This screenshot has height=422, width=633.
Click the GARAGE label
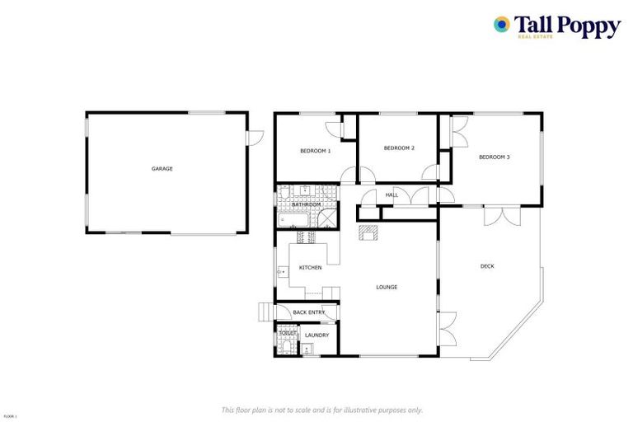(x=162, y=169)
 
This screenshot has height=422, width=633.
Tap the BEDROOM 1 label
(x=315, y=151)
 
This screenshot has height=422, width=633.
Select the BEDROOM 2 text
(x=399, y=148)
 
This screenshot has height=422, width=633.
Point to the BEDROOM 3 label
(x=495, y=157)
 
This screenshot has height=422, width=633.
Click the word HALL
(x=392, y=195)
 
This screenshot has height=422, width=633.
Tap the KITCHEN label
(x=310, y=268)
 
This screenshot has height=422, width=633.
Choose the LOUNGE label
(x=387, y=287)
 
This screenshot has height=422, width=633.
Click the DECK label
(x=487, y=265)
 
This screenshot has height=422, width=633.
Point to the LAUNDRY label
(x=316, y=335)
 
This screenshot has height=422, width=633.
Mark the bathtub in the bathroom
(x=293, y=221)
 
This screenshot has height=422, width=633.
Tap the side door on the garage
(x=257, y=129)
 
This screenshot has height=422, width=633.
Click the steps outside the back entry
(x=265, y=312)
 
